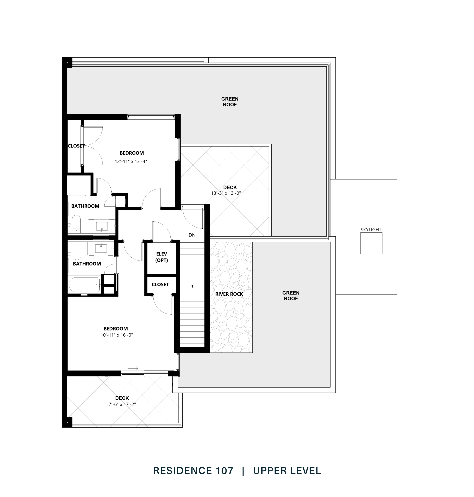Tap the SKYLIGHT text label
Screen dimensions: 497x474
click(371, 229)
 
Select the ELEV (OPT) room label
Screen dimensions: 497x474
click(162, 257)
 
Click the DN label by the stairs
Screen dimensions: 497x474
click(192, 235)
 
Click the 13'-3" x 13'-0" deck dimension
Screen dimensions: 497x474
click(226, 193)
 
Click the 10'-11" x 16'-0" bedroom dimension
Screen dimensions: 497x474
click(117, 335)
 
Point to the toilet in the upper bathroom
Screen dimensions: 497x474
click(76, 223)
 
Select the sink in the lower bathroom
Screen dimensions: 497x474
click(101, 248)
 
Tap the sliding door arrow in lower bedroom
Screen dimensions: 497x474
click(133, 368)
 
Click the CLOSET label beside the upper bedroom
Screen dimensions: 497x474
click(76, 146)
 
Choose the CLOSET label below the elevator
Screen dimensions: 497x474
click(160, 285)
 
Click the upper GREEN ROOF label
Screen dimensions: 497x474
click(230, 101)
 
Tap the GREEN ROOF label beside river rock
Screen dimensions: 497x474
click(291, 296)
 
